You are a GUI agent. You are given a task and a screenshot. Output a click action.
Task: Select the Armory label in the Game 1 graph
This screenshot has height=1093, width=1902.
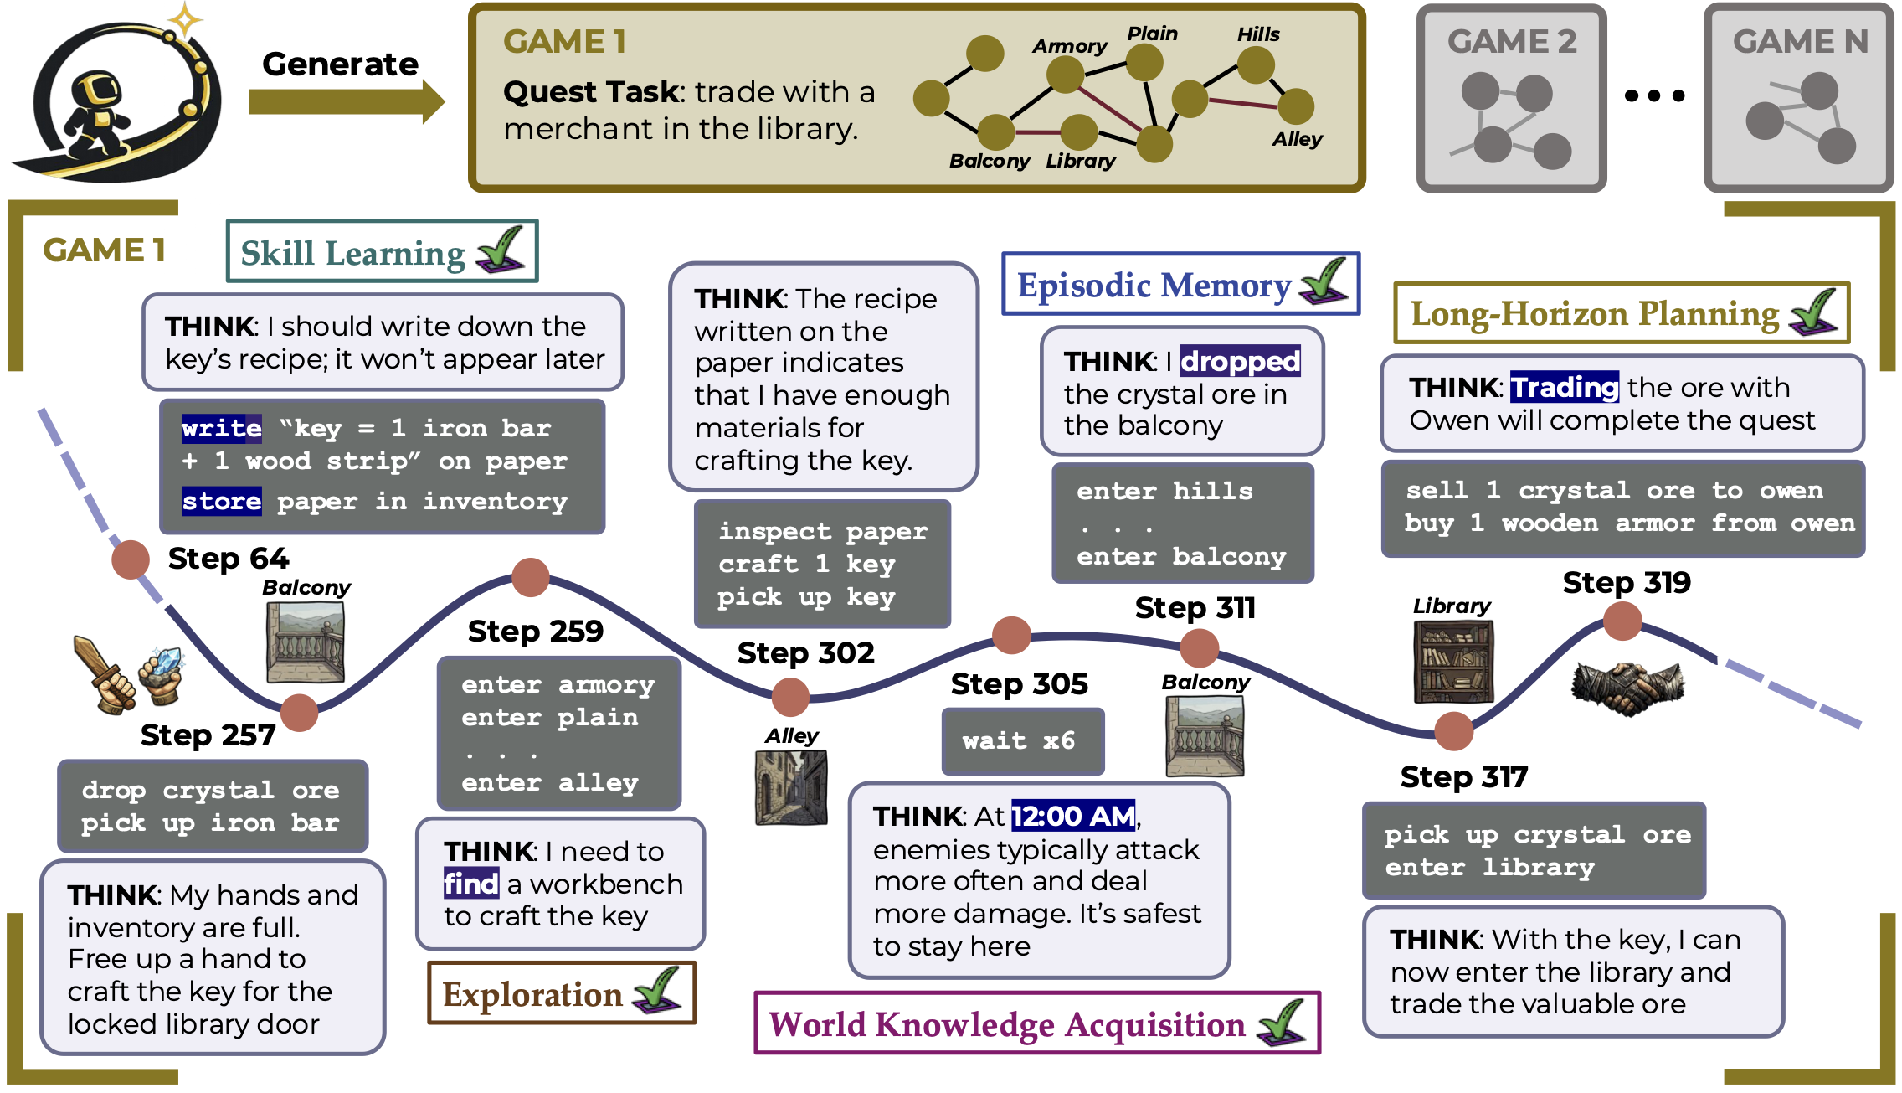tap(1069, 46)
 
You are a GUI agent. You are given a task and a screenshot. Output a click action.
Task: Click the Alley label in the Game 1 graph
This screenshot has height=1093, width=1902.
tap(1297, 139)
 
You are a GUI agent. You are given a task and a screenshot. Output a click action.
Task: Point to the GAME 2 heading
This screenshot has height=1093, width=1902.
tap(1512, 41)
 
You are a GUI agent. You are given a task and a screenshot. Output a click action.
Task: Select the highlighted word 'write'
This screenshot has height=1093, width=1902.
tap(222, 428)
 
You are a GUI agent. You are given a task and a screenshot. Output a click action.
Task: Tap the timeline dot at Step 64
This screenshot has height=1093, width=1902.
tap(131, 559)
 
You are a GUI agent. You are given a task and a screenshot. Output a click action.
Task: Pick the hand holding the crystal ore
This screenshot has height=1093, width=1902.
tap(162, 675)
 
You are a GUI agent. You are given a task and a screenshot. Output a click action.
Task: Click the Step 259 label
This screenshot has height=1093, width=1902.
tap(535, 631)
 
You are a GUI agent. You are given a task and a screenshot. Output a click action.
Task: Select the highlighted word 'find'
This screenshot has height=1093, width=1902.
tap(471, 884)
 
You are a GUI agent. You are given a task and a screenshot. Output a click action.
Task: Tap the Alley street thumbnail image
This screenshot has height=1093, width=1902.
tap(791, 787)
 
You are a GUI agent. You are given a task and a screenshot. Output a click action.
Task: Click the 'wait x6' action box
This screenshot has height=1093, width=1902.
tap(1022, 741)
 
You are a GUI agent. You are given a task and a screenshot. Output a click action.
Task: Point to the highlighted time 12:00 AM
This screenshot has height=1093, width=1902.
tap(1073, 816)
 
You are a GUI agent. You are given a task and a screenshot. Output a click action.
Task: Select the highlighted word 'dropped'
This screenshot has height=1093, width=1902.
tap(1240, 361)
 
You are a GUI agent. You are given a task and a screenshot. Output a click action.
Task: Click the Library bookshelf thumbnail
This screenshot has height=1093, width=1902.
tap(1452, 662)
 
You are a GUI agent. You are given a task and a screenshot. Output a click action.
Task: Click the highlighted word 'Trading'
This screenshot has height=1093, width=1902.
tap(1564, 387)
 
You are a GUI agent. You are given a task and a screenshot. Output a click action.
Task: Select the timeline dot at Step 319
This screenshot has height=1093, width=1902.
tap(1622, 621)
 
